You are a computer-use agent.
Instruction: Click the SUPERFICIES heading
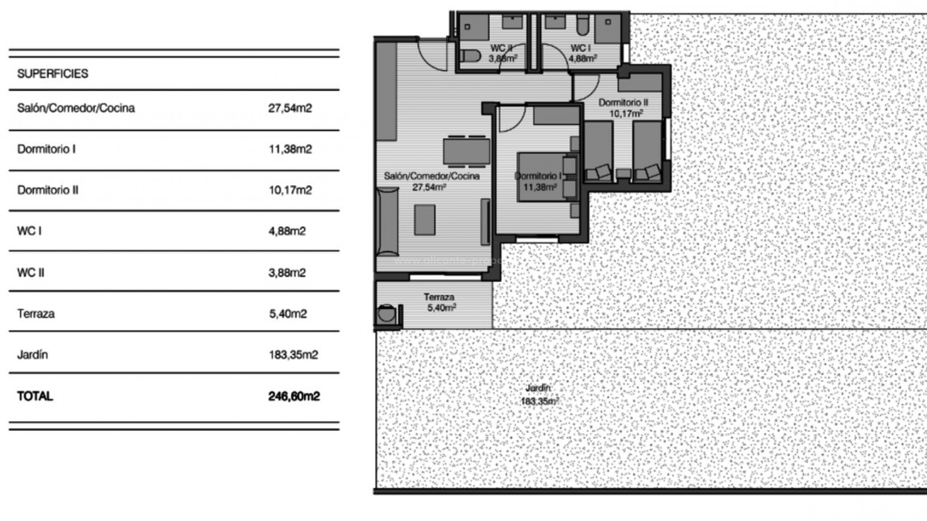(x=53, y=74)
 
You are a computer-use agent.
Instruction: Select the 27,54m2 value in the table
(x=290, y=108)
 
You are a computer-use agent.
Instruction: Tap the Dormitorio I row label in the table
(x=46, y=149)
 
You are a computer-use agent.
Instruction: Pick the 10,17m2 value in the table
(x=290, y=190)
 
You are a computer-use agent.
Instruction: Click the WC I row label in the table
(x=29, y=231)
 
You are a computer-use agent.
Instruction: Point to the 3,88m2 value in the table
(x=287, y=273)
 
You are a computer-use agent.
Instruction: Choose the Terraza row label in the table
(x=36, y=314)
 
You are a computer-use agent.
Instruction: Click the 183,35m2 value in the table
(x=293, y=355)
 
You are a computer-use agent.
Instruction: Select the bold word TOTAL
(x=35, y=396)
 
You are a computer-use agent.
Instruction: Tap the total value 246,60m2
(x=294, y=396)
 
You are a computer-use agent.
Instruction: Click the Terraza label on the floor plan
(x=439, y=297)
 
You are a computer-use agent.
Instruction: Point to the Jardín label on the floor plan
(x=538, y=388)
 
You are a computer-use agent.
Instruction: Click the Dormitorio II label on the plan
(x=623, y=103)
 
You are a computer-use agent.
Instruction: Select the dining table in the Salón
(x=466, y=151)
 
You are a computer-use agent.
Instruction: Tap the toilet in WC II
(x=469, y=57)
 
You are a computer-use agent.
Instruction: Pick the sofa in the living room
(x=387, y=222)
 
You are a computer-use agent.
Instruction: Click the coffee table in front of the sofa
(x=424, y=220)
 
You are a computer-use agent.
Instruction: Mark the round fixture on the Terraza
(x=386, y=315)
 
